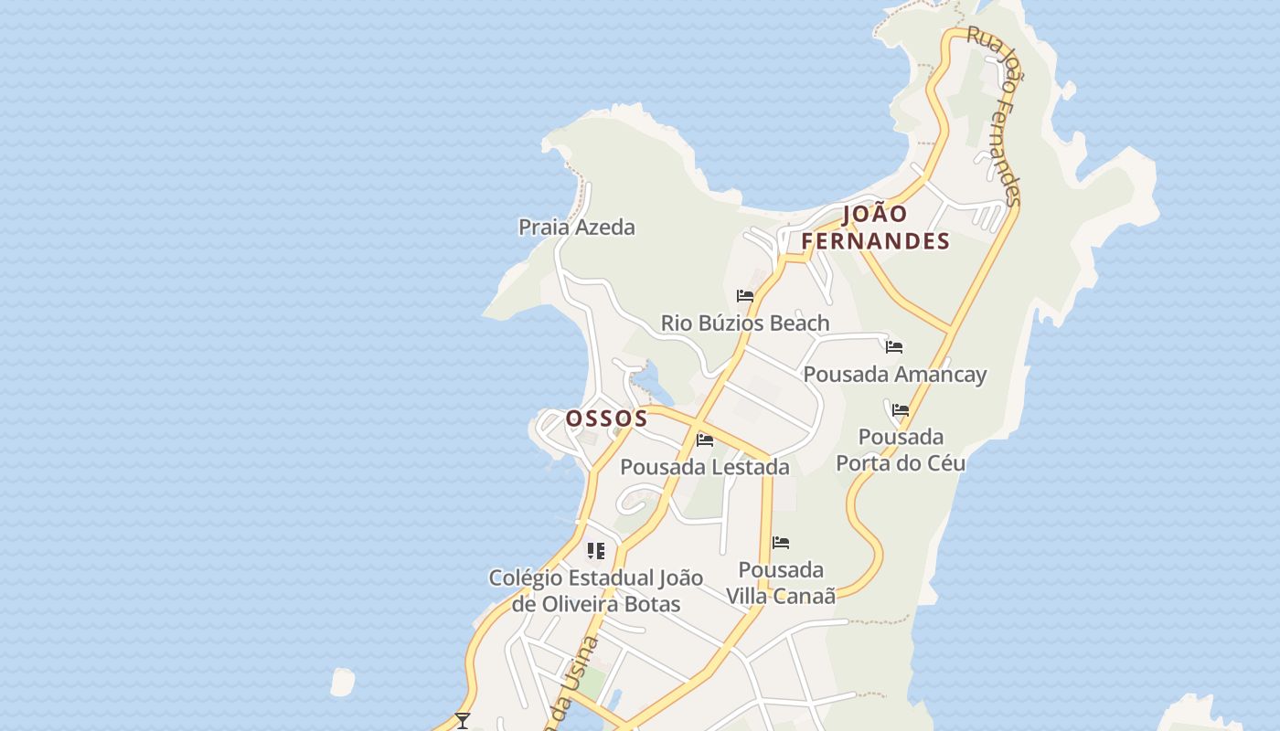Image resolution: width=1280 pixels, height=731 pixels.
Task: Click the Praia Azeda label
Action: pyautogui.click(x=576, y=227)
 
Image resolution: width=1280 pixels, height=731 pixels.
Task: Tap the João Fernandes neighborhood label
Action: pyautogui.click(x=876, y=228)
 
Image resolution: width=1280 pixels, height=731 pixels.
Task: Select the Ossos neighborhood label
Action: pyautogui.click(x=606, y=418)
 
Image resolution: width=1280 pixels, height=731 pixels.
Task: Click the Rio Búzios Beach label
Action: pyautogui.click(x=745, y=323)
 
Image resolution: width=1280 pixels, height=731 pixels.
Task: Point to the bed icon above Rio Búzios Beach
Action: pyautogui.click(x=745, y=296)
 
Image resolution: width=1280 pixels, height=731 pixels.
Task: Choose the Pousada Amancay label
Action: pyautogui.click(x=895, y=374)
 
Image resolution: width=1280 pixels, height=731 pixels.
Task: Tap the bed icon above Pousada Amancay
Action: pyautogui.click(x=894, y=347)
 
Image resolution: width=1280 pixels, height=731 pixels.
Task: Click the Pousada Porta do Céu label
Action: pyautogui.click(x=901, y=450)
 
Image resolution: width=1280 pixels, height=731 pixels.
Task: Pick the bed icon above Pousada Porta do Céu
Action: pyautogui.click(x=901, y=410)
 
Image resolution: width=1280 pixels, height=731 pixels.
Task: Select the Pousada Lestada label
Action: pyautogui.click(x=704, y=467)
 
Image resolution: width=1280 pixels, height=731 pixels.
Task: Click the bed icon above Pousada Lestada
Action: pyautogui.click(x=705, y=440)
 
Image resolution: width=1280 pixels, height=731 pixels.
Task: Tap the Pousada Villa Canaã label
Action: pyautogui.click(x=781, y=583)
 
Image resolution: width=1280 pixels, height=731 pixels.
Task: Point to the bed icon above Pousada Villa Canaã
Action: pyautogui.click(x=781, y=543)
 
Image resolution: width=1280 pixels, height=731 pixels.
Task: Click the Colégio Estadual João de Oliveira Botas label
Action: pyautogui.click(x=596, y=590)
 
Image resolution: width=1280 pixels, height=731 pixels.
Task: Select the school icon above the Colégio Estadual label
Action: pyautogui.click(x=596, y=551)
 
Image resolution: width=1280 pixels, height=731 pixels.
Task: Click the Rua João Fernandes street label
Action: pyautogui.click(x=995, y=114)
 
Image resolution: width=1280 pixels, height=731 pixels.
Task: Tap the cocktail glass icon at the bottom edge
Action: pyautogui.click(x=463, y=721)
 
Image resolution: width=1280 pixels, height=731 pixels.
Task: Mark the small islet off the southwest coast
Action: pyautogui.click(x=342, y=682)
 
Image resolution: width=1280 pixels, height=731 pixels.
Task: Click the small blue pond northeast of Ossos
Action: pyautogui.click(x=647, y=381)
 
